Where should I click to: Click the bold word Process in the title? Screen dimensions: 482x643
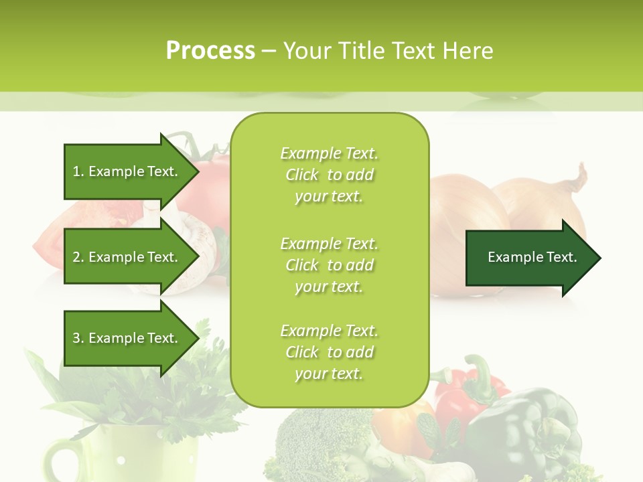tap(210, 51)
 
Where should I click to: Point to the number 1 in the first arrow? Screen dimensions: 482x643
tap(76, 171)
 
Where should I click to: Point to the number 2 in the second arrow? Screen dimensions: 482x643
tap(76, 257)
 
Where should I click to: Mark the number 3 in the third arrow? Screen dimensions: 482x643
tap(76, 338)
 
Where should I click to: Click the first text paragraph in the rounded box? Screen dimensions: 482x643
tap(329, 175)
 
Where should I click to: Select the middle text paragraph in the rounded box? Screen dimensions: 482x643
tap(329, 264)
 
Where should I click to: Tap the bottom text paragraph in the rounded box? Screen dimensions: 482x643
tap(329, 352)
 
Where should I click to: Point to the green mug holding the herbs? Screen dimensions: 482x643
tap(74, 455)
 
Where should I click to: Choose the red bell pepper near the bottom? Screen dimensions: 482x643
tap(462, 395)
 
